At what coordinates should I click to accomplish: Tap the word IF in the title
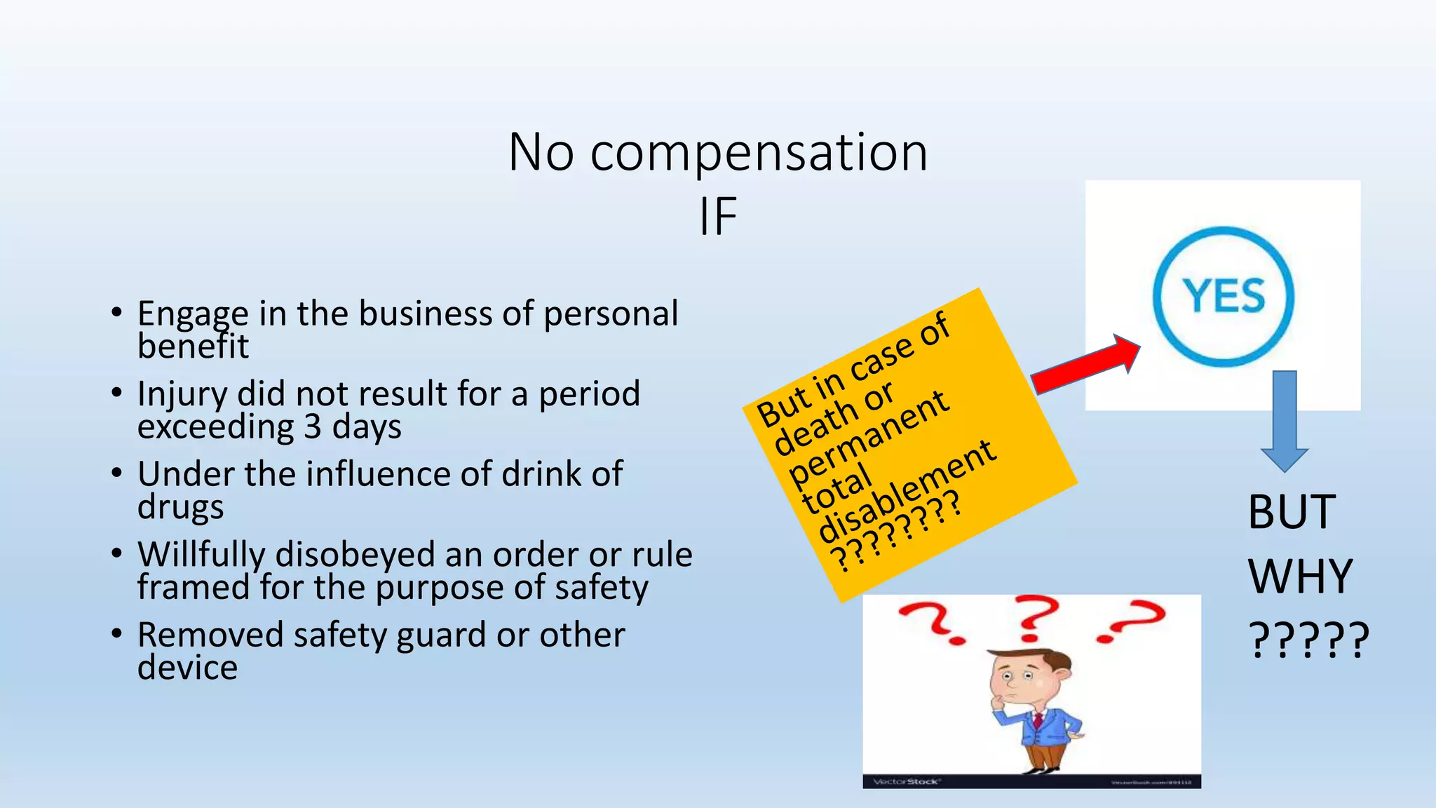tap(717, 217)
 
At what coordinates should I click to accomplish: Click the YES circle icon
tap(1224, 296)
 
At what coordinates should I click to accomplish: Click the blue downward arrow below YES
tap(1285, 421)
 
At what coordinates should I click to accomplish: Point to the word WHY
tap(1300, 577)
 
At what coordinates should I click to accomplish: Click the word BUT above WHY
tap(1292, 512)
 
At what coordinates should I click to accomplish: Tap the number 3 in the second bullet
tap(312, 426)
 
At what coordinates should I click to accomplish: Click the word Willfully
tap(201, 555)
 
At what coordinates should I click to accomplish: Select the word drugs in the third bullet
tap(180, 507)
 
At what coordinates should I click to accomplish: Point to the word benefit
tap(193, 346)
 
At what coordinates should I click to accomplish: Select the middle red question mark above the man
tap(1034, 617)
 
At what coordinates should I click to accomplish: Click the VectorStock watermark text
tap(906, 781)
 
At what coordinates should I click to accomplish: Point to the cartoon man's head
tap(1029, 674)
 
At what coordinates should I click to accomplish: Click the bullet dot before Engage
tap(116, 312)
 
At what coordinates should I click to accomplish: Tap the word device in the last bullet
tap(187, 668)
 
